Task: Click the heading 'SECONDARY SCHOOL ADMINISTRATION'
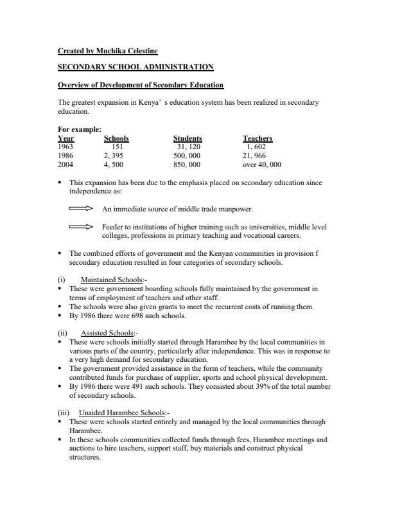pyautogui.click(x=135, y=67)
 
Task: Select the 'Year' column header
pyautogui.click(x=66, y=138)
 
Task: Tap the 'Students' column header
pyautogui.click(x=188, y=138)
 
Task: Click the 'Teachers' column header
pyautogui.click(x=258, y=138)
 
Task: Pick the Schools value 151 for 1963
pyautogui.click(x=118, y=147)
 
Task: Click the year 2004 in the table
pyautogui.click(x=65, y=164)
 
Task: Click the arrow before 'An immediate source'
pyautogui.click(x=81, y=209)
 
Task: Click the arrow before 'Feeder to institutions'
pyautogui.click(x=81, y=227)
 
